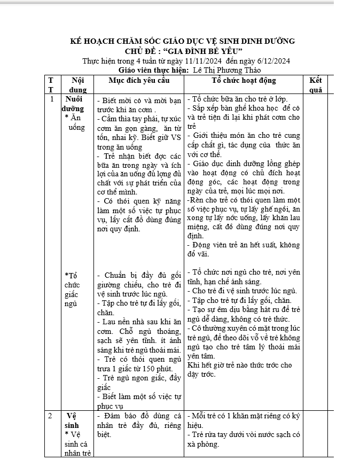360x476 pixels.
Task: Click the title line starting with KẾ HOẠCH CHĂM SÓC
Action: coord(183,41)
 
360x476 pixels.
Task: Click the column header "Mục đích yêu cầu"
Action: coord(139,80)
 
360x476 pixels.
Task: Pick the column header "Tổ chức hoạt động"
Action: coord(244,80)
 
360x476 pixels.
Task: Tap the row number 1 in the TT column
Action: coord(51,99)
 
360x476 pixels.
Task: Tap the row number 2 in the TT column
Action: coord(50,415)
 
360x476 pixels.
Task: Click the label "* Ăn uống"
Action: coord(75,123)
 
